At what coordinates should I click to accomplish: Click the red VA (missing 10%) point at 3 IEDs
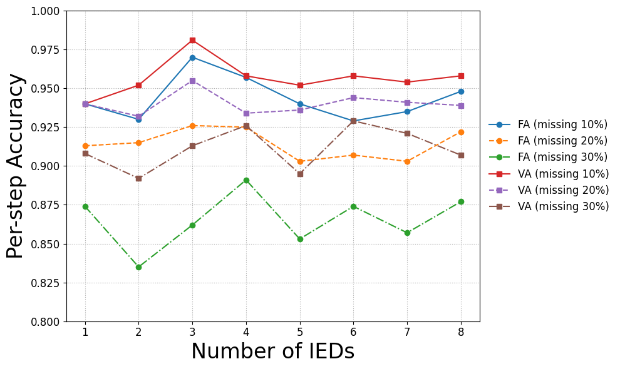tap(192, 40)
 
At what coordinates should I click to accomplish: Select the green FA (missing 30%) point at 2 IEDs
tap(139, 268)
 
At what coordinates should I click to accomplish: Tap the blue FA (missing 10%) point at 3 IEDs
tap(192, 58)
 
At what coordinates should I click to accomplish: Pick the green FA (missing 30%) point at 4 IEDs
tap(246, 181)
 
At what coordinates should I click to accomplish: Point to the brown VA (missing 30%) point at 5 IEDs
tap(300, 174)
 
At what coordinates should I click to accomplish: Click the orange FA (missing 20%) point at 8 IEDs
tap(461, 133)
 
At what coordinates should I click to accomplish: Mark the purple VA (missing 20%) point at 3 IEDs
tap(192, 81)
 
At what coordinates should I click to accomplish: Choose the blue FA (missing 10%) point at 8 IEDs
tap(461, 92)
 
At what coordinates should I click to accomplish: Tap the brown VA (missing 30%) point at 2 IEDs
tap(139, 179)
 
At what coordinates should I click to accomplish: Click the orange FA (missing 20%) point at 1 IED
tap(85, 146)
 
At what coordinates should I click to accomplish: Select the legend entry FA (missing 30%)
tap(548, 157)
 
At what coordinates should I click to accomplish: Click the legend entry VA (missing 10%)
tap(549, 174)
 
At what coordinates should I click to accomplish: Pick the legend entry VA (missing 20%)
tap(549, 190)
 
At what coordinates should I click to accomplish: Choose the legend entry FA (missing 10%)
tap(548, 125)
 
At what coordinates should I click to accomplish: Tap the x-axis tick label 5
tap(300, 332)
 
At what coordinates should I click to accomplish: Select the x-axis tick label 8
tap(461, 332)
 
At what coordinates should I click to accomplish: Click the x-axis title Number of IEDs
tap(273, 351)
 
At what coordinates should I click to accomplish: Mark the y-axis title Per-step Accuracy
tap(15, 166)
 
